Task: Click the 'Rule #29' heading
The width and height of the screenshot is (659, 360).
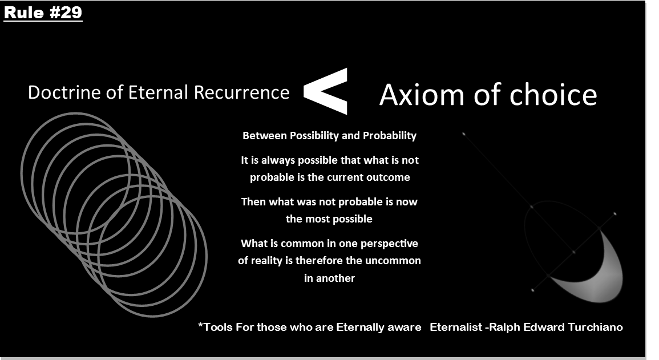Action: coord(43,12)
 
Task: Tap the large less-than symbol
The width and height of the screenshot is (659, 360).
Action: coord(325,91)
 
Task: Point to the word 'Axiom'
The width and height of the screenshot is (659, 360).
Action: coord(422,95)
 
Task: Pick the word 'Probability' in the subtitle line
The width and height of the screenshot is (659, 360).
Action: coord(390,136)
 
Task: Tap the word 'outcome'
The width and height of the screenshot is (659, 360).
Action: coord(389,177)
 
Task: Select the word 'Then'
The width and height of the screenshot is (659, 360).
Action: coord(253,201)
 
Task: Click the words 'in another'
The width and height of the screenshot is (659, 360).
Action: coord(330,278)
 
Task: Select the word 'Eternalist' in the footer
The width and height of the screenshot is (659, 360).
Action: coord(456,327)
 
